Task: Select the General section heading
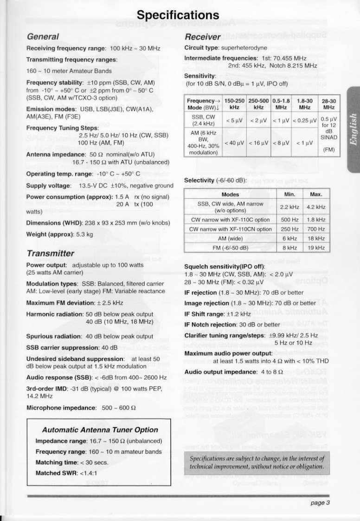(x=43, y=36)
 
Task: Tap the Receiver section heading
(x=201, y=37)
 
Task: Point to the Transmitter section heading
(x=50, y=253)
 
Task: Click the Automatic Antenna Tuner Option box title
(x=100, y=430)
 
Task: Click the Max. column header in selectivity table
(x=316, y=194)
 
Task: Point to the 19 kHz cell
(x=316, y=247)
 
